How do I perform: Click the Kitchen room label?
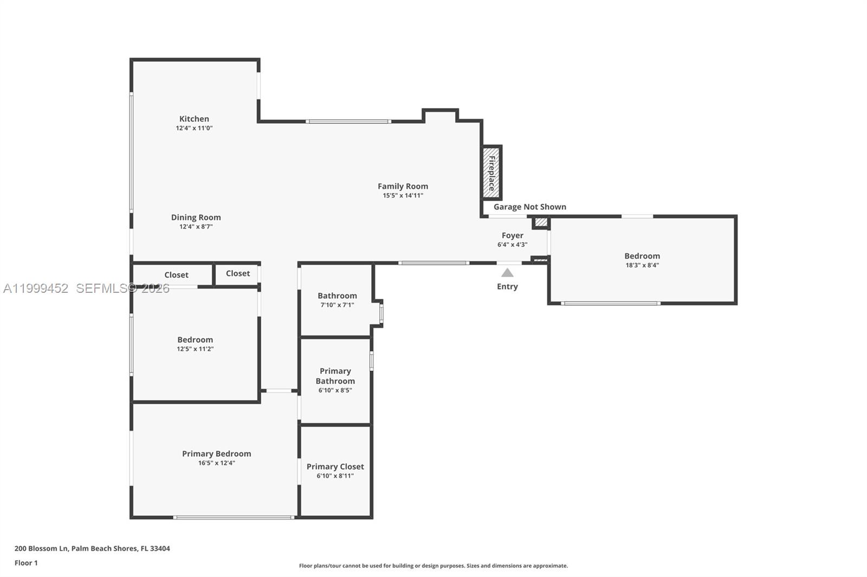pyautogui.click(x=194, y=119)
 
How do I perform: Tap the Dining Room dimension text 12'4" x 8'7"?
pyautogui.click(x=196, y=227)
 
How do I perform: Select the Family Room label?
pyautogui.click(x=403, y=186)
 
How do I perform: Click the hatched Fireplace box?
pyautogui.click(x=491, y=173)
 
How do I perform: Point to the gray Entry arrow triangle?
pyautogui.click(x=507, y=273)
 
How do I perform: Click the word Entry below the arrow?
pyautogui.click(x=507, y=286)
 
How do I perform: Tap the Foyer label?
pyautogui.click(x=513, y=235)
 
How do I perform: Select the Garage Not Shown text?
pyautogui.click(x=530, y=207)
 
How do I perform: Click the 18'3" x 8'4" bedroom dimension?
pyautogui.click(x=642, y=265)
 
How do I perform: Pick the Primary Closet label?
pyautogui.click(x=335, y=467)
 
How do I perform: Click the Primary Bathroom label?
pyautogui.click(x=335, y=376)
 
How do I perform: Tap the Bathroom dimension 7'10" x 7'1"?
pyautogui.click(x=337, y=305)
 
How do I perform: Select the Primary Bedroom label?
pyautogui.click(x=216, y=454)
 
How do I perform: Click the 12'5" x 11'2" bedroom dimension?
pyautogui.click(x=195, y=349)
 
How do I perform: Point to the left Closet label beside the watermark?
pyautogui.click(x=176, y=275)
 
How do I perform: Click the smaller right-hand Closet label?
pyautogui.click(x=238, y=273)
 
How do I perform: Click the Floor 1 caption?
pyautogui.click(x=26, y=563)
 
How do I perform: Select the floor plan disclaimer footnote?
pyautogui.click(x=433, y=566)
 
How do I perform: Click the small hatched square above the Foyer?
pyautogui.click(x=541, y=222)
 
